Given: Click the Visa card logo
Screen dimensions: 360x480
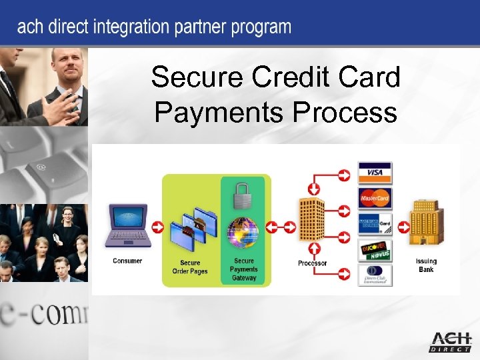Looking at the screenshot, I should [375, 173].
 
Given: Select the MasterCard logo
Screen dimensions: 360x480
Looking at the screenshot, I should [375, 198].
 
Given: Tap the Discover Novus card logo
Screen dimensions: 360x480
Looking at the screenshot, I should [375, 251].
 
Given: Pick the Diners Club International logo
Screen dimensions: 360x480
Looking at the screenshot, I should [375, 275].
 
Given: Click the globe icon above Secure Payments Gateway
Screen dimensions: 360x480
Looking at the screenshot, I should [243, 231].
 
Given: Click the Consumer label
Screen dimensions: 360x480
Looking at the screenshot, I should [127, 261].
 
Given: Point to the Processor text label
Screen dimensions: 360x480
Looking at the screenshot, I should [312, 263].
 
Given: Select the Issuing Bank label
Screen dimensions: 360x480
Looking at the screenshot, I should [426, 265].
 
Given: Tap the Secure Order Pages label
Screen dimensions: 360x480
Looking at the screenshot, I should [190, 267].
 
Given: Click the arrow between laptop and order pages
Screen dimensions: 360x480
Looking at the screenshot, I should [157, 227].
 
